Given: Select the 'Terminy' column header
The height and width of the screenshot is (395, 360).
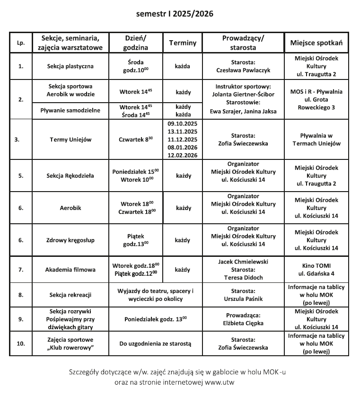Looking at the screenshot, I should (183, 43).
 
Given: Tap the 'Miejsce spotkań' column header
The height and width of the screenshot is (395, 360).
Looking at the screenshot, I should (316, 43).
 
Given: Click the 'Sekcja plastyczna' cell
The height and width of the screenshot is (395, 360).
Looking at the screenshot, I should (70, 66).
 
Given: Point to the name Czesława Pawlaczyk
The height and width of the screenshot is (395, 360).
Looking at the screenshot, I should (243, 70).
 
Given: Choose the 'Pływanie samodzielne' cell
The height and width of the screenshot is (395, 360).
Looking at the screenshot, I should (70, 110).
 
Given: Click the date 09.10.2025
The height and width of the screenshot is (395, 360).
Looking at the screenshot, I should (183, 124).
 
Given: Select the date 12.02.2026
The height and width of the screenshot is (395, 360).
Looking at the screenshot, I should (183, 155).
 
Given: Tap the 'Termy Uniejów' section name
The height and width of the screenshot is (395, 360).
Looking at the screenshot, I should (70, 140).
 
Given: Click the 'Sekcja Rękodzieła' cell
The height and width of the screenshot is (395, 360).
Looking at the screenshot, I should (70, 176).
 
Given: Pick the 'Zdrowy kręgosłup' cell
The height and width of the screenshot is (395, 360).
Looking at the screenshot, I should (70, 240).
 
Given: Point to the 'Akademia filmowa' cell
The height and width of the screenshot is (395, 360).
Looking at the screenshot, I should (70, 270).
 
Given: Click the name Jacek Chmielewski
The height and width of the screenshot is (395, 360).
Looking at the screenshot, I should (243, 262).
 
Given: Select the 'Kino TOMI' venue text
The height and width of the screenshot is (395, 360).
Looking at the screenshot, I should (316, 265).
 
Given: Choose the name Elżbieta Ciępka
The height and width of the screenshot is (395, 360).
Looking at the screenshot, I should (243, 323).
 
